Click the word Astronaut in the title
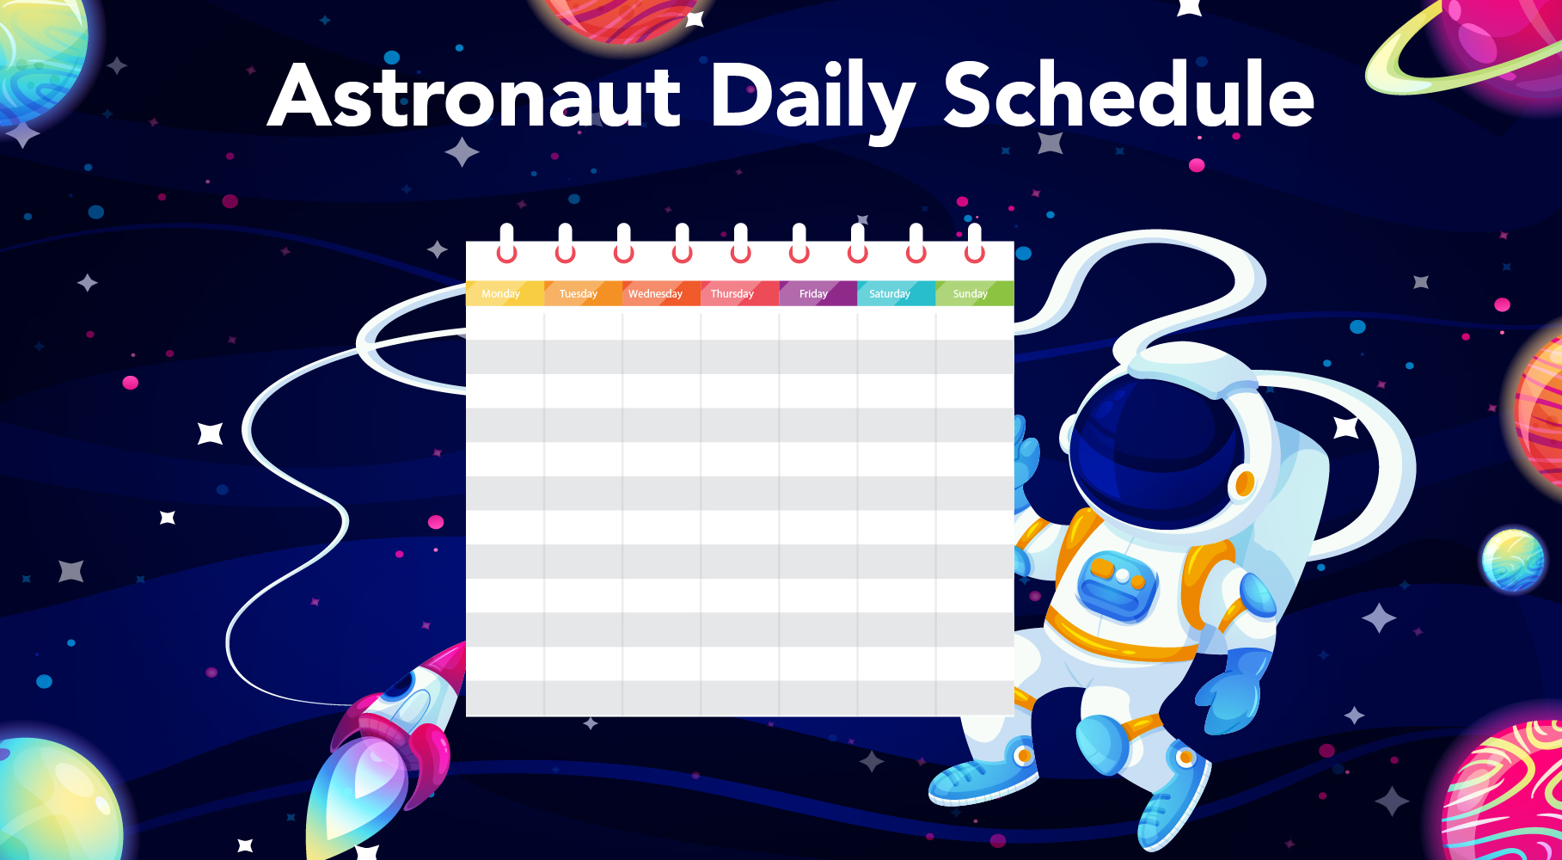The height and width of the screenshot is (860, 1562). [475, 96]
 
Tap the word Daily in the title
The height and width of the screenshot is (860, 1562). [812, 101]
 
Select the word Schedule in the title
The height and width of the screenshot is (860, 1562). [1130, 94]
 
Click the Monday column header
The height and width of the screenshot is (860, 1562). [505, 293]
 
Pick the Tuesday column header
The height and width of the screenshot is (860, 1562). [583, 293]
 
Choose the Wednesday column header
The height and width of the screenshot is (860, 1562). [661, 293]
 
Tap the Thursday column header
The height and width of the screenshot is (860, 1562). [739, 293]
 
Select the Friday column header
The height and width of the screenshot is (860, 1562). [818, 293]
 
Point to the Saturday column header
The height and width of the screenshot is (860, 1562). [896, 293]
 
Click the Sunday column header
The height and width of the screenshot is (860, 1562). [975, 293]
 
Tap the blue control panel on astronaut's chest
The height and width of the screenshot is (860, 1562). [1118, 585]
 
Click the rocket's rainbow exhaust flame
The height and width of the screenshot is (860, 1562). [357, 791]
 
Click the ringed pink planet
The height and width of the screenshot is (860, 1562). [1479, 47]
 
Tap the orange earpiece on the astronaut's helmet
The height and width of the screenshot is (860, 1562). [1245, 484]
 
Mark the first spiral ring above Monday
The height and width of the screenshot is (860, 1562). [507, 243]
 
